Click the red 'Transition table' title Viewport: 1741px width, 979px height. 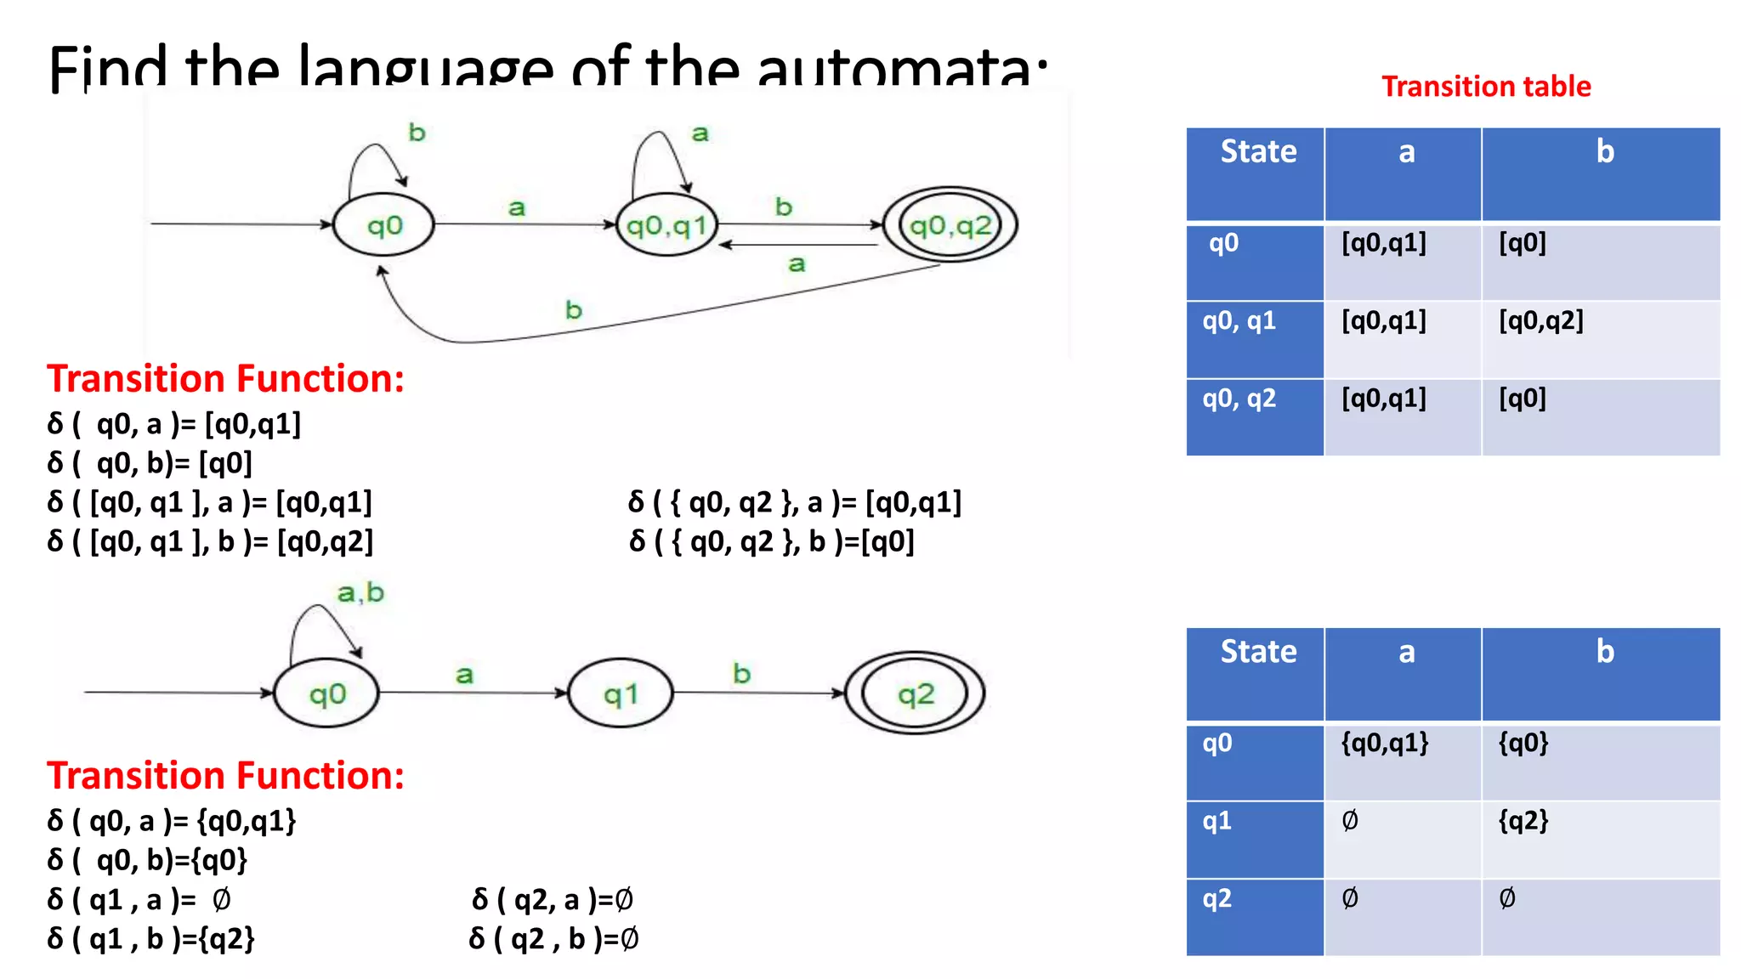click(x=1486, y=87)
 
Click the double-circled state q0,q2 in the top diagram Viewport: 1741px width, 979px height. click(x=950, y=225)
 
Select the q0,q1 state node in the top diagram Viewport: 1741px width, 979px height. click(x=666, y=225)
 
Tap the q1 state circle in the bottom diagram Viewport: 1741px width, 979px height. click(x=620, y=693)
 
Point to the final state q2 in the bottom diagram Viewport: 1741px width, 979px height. click(x=915, y=693)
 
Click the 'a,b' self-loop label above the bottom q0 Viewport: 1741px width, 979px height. click(x=360, y=592)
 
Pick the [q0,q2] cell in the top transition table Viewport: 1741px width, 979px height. click(x=1540, y=321)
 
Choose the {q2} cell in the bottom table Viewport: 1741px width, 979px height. click(x=1523, y=821)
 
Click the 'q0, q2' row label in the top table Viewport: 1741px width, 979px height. click(x=1239, y=399)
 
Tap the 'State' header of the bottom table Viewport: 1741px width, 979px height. click(x=1258, y=652)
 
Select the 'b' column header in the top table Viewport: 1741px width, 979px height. click(x=1604, y=152)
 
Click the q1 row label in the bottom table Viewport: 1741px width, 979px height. click(x=1216, y=821)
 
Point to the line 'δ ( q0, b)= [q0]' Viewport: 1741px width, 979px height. click(x=150, y=463)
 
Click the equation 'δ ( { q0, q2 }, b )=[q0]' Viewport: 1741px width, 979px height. click(x=771, y=541)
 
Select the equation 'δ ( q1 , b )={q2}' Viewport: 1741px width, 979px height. click(x=151, y=939)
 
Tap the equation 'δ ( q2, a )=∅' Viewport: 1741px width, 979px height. click(x=552, y=899)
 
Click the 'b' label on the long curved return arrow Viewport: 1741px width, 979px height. click(x=574, y=310)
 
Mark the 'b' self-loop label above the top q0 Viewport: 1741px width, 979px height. click(x=417, y=133)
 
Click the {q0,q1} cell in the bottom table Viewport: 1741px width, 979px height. click(x=1384, y=744)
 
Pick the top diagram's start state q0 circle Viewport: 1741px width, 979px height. click(x=383, y=225)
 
